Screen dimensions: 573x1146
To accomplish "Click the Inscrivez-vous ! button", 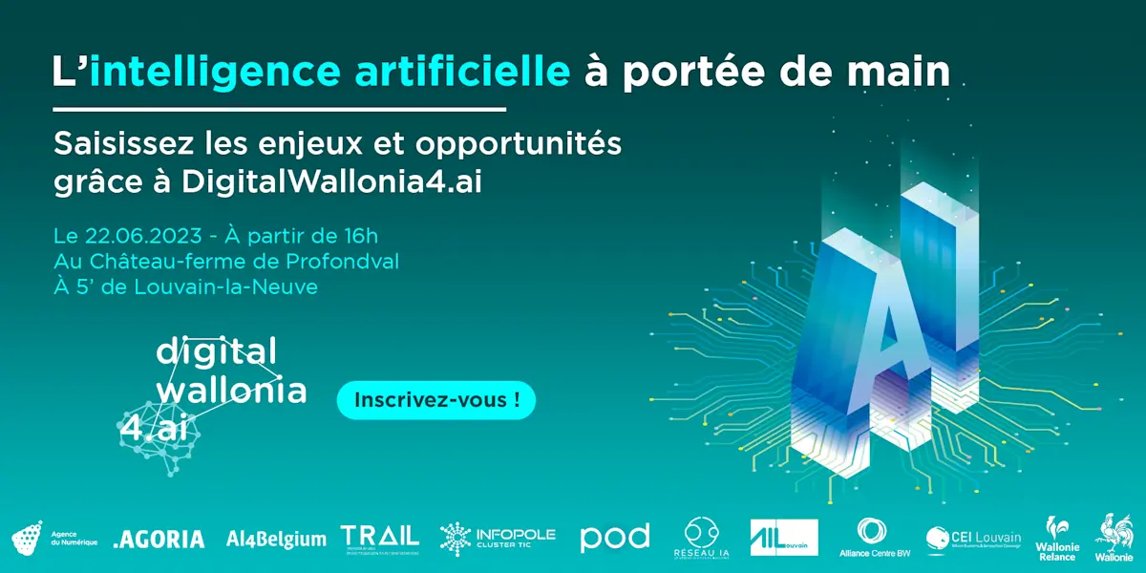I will point(436,400).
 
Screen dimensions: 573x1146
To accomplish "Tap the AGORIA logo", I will point(159,540).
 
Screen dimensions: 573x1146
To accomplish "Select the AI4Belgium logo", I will point(276,540).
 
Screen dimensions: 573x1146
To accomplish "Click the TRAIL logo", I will point(380,538).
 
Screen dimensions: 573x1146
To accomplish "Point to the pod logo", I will point(615,538).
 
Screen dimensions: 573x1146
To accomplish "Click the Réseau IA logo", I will point(702,539).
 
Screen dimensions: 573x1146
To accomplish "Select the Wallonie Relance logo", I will point(1056,539).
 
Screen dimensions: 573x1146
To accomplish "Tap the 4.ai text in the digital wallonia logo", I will point(153,429).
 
